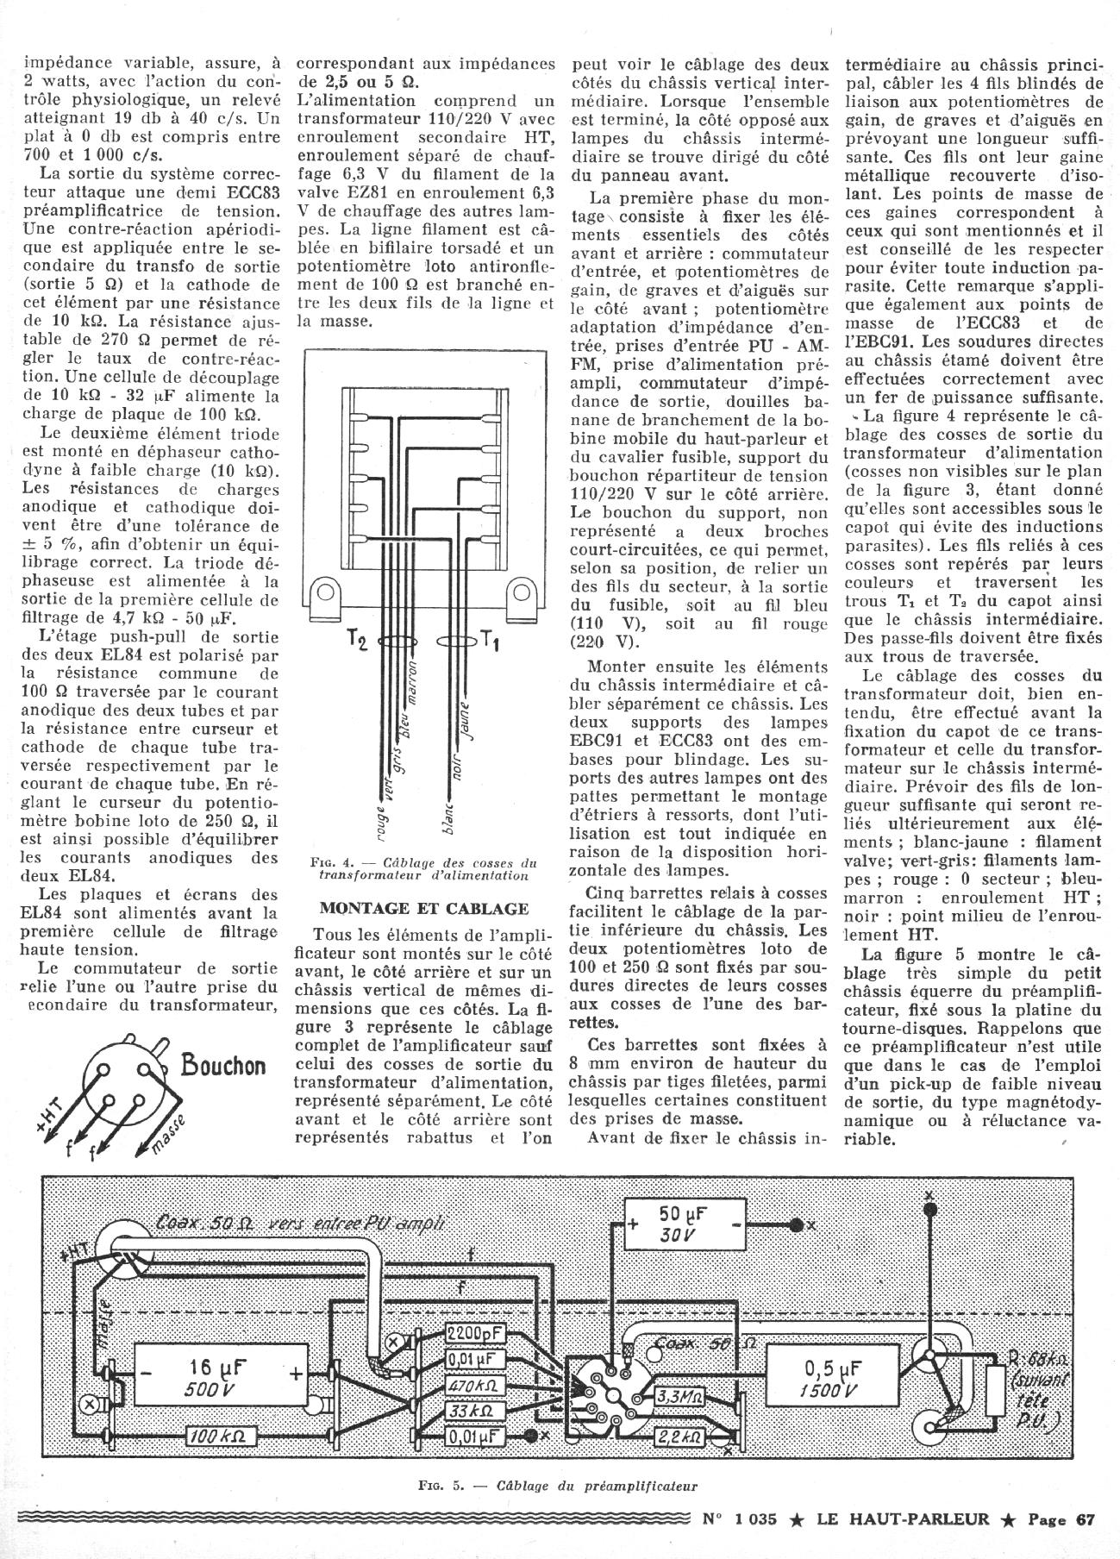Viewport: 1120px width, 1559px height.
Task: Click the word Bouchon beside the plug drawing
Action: point(223,1065)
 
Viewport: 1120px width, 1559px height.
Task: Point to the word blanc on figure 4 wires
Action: point(448,814)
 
